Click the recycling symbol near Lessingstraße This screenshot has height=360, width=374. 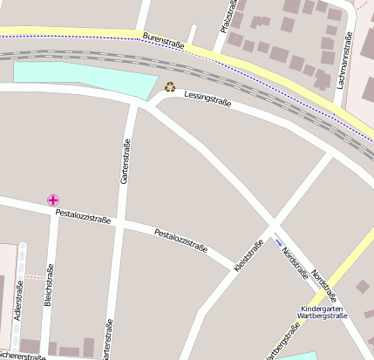170,86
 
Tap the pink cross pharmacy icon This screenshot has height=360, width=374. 54,200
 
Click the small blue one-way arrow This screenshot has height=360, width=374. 279,241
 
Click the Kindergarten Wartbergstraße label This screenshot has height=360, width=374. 323,312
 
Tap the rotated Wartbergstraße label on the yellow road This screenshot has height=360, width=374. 283,340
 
